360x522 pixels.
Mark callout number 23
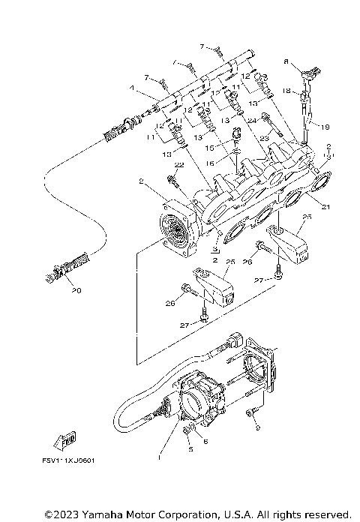click(x=263, y=138)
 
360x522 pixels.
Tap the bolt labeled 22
click(x=172, y=180)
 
